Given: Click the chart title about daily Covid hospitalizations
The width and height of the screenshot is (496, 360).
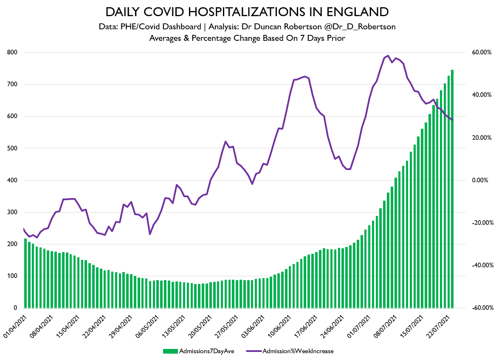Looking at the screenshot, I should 248,11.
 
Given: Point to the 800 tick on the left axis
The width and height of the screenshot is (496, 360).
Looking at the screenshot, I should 12,52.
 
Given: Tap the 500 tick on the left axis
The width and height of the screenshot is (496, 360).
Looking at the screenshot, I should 12,148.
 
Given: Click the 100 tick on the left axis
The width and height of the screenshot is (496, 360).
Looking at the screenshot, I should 12,276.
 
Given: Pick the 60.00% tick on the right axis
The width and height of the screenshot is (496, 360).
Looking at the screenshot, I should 482,52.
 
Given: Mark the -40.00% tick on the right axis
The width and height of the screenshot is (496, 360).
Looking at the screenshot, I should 482,265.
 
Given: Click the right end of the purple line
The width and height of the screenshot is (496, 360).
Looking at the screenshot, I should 453,120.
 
